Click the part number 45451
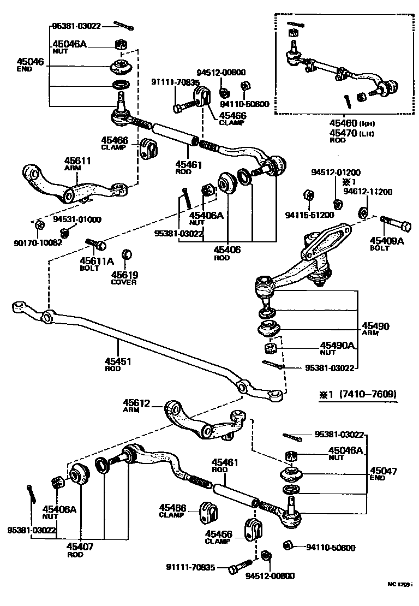click(118, 361)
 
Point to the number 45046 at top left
click(30, 62)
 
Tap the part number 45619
click(125, 275)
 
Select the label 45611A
click(97, 261)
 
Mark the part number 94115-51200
click(309, 215)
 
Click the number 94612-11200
click(368, 192)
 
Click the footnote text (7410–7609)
click(368, 394)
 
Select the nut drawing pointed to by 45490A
click(270, 348)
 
